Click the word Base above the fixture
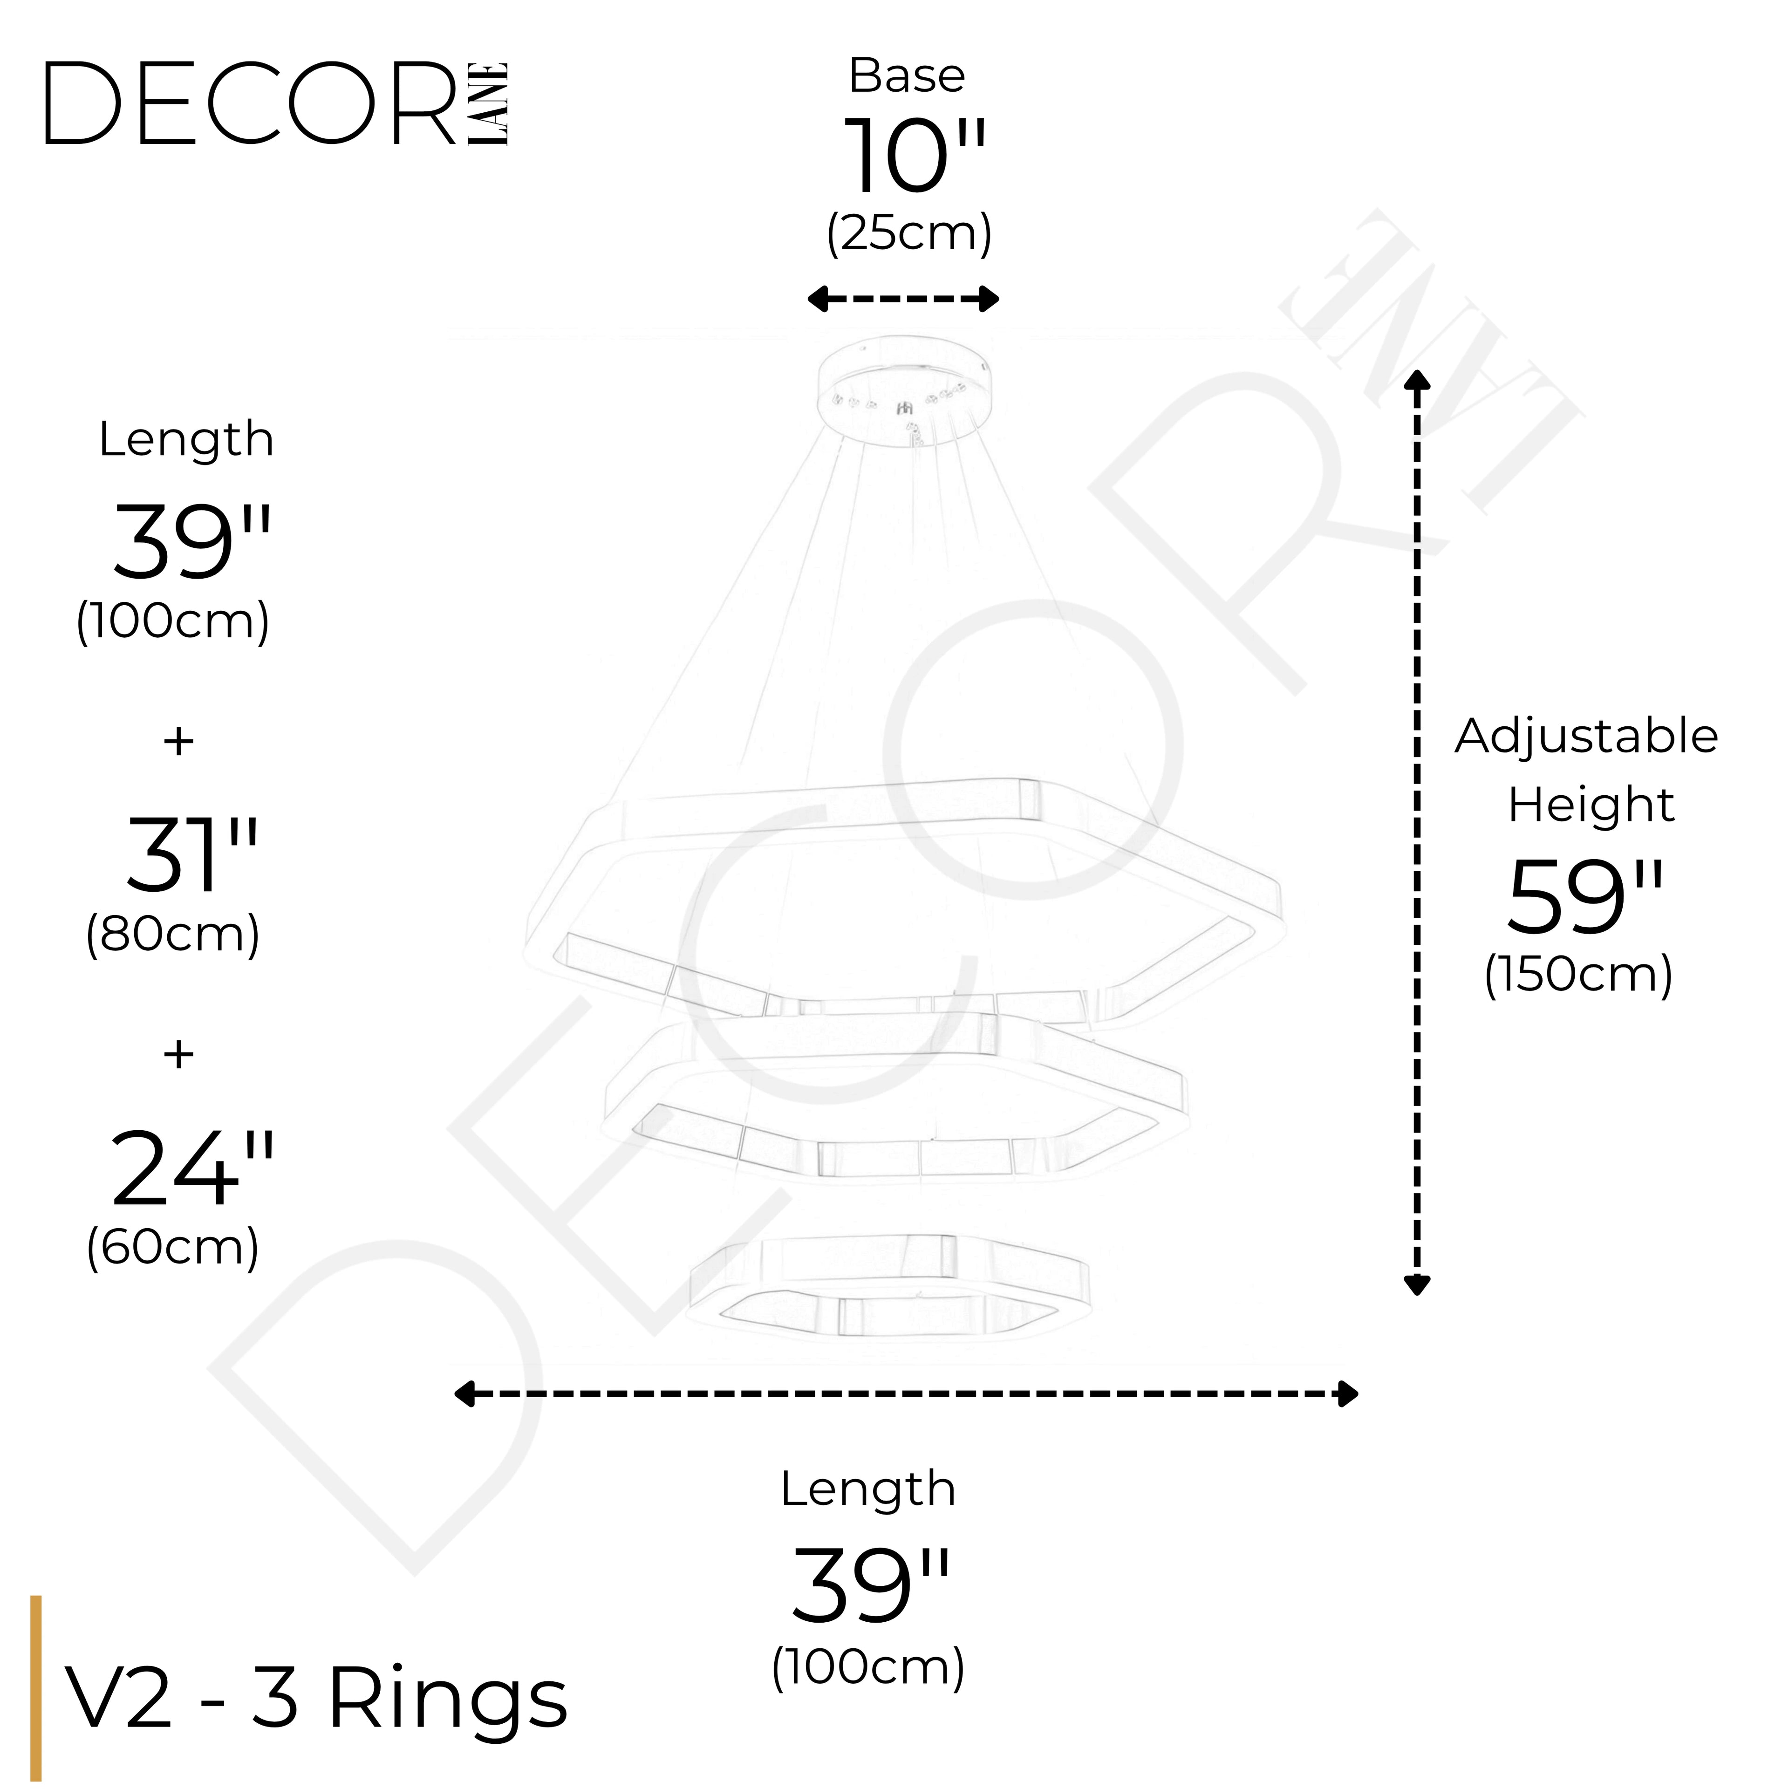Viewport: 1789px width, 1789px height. pyautogui.click(x=907, y=76)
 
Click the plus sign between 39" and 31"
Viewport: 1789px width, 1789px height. pyautogui.click(x=179, y=741)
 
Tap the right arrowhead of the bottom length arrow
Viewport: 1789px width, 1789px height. pyautogui.click(x=1348, y=1420)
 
